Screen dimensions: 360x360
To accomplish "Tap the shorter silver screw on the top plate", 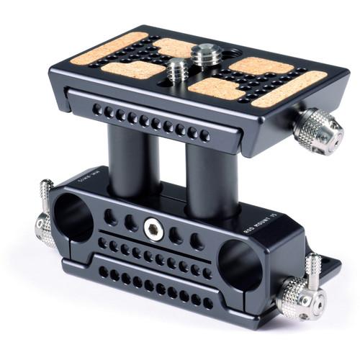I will point(177,71).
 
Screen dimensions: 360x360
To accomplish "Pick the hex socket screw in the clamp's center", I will point(152,229).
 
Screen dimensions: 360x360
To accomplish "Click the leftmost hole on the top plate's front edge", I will point(95,109).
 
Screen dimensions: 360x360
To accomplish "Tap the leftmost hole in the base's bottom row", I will point(101,271).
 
